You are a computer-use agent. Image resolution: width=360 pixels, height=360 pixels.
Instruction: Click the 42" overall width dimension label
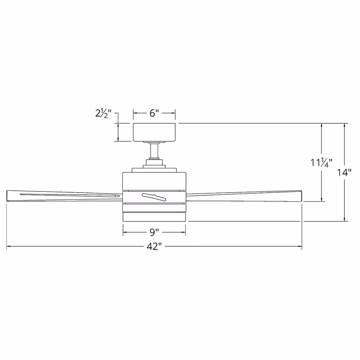[x=154, y=247]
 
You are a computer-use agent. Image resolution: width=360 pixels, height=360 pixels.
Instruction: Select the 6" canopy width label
[x=154, y=113]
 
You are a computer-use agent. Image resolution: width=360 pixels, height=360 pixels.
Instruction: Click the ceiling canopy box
[x=154, y=132]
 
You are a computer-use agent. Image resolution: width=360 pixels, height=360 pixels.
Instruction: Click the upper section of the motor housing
[x=154, y=181]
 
